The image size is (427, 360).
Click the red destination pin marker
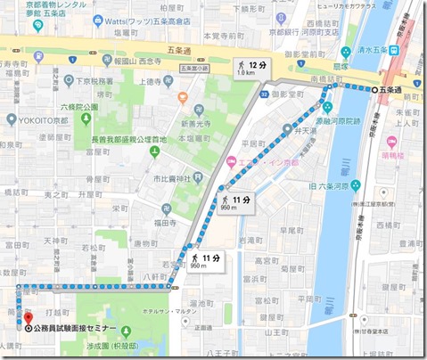tap(27, 317)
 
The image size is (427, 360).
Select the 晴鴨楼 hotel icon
tap(390, 143)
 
